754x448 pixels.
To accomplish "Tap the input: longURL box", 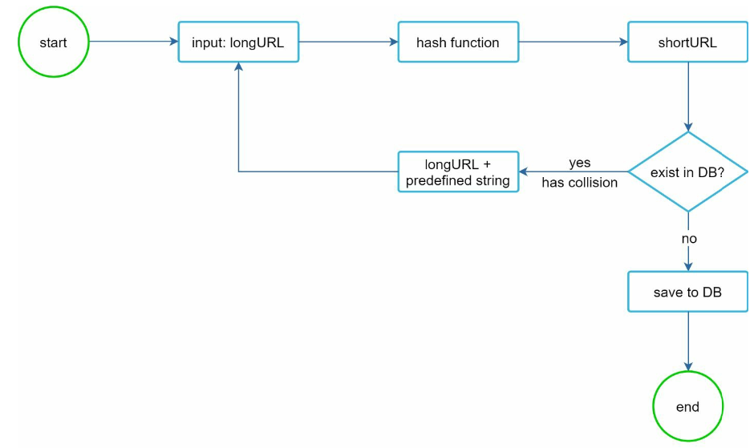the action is coord(238,42).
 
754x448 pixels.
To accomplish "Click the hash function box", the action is coord(458,42).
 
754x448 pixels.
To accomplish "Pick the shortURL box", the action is coord(687,42).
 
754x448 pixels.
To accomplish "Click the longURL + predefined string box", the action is coord(458,172).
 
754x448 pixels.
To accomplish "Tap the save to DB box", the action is coord(687,292).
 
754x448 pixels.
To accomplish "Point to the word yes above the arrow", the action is coord(579,163).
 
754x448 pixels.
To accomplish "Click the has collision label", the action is coord(579,183).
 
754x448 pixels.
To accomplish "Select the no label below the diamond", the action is coord(689,238).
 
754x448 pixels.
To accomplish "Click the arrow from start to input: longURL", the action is coord(134,42).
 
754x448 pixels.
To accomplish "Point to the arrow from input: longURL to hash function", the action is coord(349,42).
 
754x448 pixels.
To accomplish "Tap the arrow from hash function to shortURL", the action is coord(574,42).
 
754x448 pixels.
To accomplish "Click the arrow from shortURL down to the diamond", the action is coord(688,97).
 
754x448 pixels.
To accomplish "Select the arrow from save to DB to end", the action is coord(688,341).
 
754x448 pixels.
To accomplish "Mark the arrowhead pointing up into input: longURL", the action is coord(238,67).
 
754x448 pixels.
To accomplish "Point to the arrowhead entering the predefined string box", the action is coord(524,172).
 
